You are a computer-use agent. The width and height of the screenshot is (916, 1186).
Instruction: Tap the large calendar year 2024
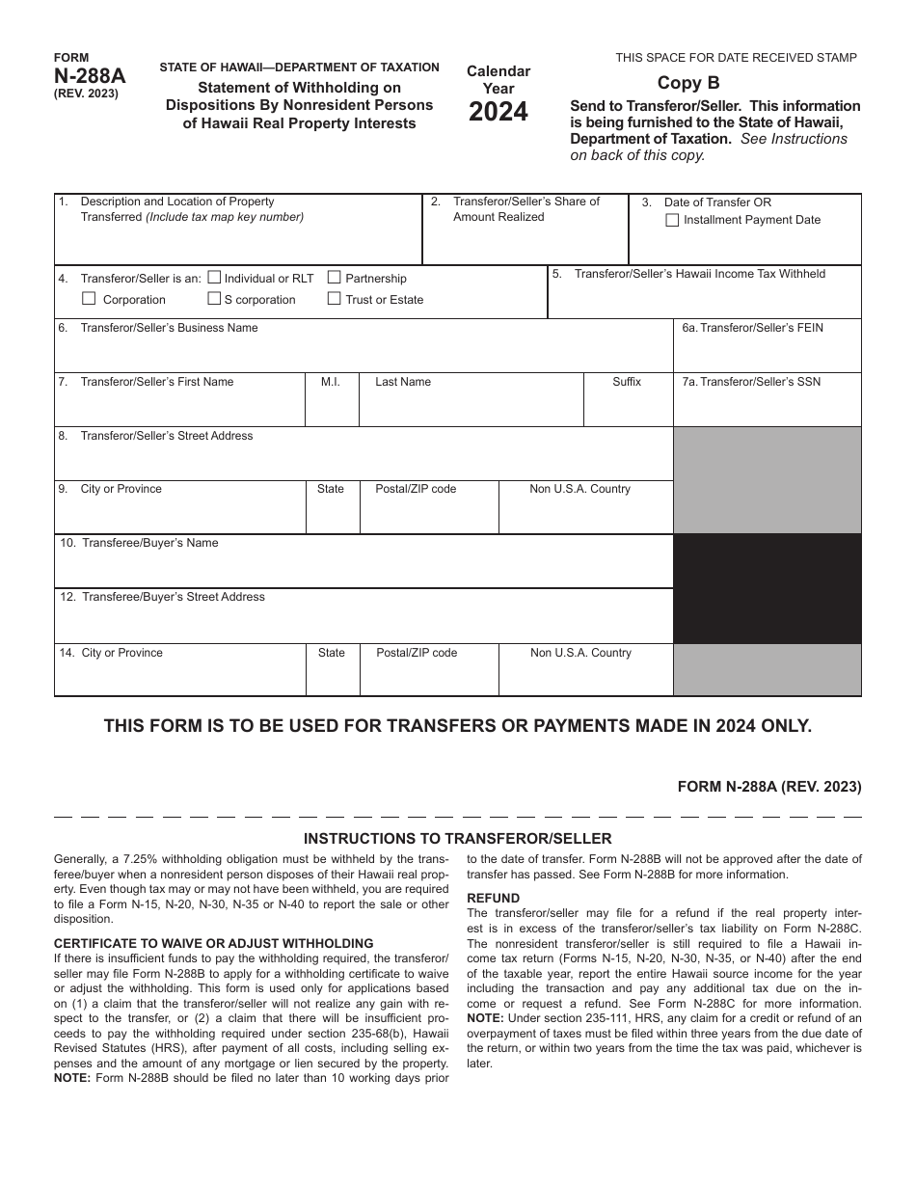[x=498, y=113]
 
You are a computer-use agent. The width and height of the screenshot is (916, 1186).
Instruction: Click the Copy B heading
[x=688, y=83]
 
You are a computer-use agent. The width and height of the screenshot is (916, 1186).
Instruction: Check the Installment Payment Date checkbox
[x=672, y=220]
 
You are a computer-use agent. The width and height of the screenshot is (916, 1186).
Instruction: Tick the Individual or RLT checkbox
[x=214, y=278]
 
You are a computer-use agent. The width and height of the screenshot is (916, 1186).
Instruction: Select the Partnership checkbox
[x=334, y=278]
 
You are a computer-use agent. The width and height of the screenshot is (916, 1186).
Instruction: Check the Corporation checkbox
[x=89, y=299]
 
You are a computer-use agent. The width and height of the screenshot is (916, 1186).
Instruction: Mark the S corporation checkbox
[x=214, y=299]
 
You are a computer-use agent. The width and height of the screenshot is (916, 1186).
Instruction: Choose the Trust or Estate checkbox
[x=334, y=299]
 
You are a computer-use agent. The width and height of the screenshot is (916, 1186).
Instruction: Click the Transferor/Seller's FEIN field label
[x=752, y=328]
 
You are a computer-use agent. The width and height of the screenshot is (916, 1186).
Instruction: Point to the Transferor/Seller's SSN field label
[x=751, y=382]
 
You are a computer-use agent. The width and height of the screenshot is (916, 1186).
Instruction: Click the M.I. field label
[x=330, y=382]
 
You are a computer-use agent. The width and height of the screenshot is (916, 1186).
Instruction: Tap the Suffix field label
[x=626, y=382]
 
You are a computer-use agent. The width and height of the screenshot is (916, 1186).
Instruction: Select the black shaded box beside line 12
[x=767, y=588]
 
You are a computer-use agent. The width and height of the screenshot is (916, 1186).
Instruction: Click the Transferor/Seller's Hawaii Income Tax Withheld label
[x=700, y=274]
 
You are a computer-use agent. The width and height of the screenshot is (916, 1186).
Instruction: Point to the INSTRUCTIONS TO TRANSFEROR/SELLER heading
[x=457, y=839]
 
